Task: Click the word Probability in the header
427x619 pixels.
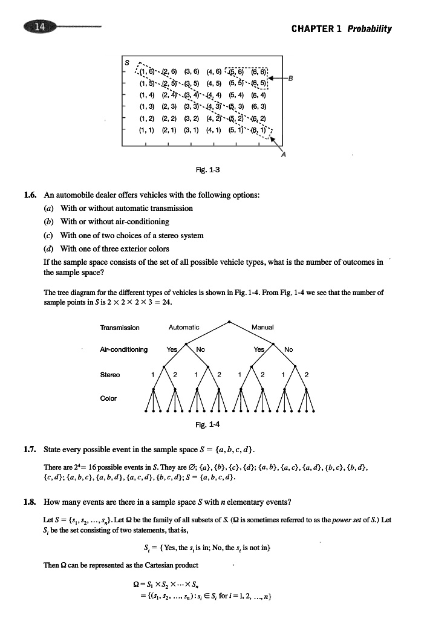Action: coord(369,29)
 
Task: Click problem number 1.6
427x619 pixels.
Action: coord(30,195)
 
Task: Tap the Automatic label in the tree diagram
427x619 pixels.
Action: coord(184,327)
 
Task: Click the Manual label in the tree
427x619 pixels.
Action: coord(262,327)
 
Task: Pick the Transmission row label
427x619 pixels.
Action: coord(120,328)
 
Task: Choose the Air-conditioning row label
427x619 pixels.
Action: coord(124,349)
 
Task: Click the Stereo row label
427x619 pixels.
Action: coord(110,375)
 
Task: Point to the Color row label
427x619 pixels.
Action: coord(108,398)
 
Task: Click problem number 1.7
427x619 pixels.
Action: coord(30,450)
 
